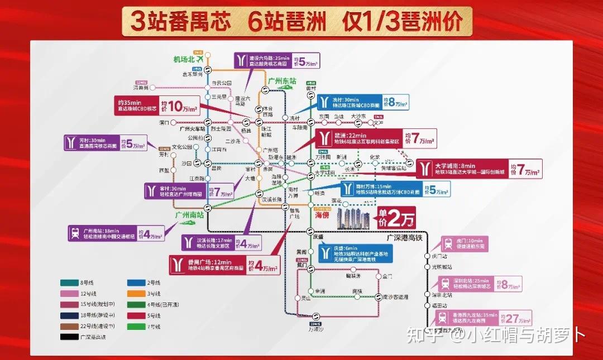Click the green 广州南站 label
tap(189, 214)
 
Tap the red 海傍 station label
tap(322, 214)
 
